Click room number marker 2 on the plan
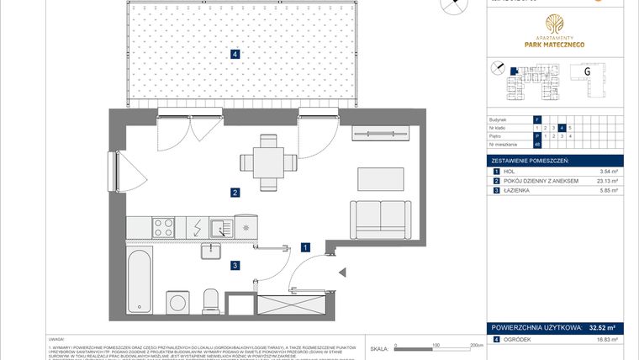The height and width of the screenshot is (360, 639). pos(236,193)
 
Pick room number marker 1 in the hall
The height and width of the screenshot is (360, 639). pos(307,247)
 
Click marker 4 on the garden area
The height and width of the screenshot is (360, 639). pos(235,55)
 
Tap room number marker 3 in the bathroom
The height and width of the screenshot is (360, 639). pos(236,266)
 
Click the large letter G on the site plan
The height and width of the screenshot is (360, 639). pos(587,72)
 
